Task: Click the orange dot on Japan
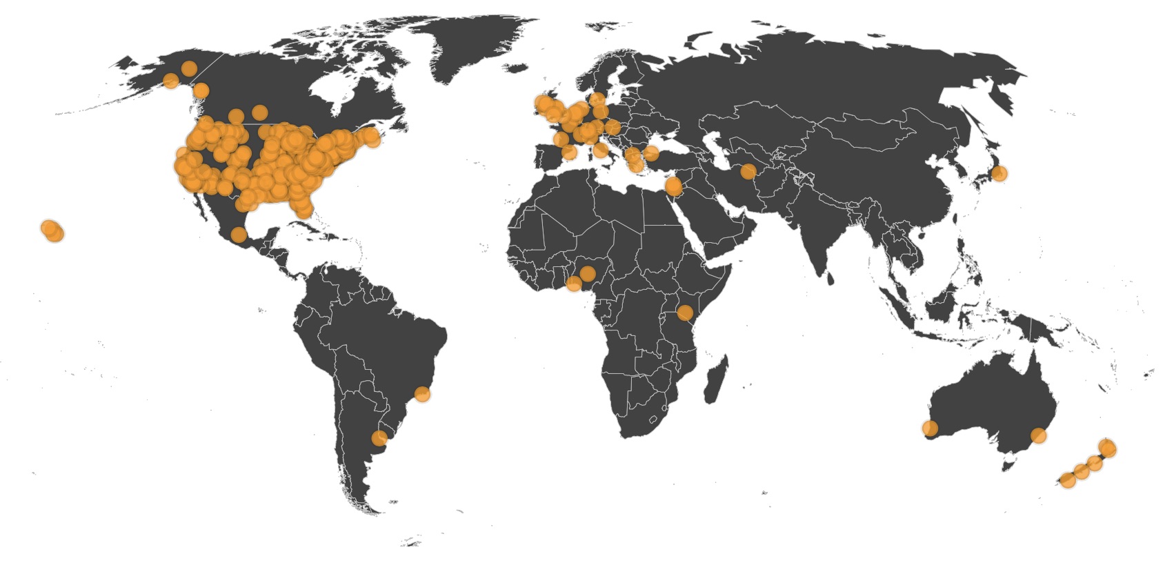tap(998, 174)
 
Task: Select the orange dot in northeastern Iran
tap(748, 172)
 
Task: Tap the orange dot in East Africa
tap(684, 313)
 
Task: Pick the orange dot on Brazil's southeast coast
tap(422, 395)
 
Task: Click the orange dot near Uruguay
tap(379, 437)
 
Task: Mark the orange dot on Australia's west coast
tap(930, 428)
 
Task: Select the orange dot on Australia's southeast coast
tap(1038, 435)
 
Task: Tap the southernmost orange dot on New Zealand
tap(1068, 480)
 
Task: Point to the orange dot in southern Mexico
tap(238, 235)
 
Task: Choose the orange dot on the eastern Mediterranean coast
tap(674, 186)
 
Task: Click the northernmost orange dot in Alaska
tap(188, 68)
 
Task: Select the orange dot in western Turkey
tap(651, 153)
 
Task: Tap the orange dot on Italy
tap(601, 150)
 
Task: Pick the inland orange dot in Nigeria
tap(587, 274)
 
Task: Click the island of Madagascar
tap(716, 379)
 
